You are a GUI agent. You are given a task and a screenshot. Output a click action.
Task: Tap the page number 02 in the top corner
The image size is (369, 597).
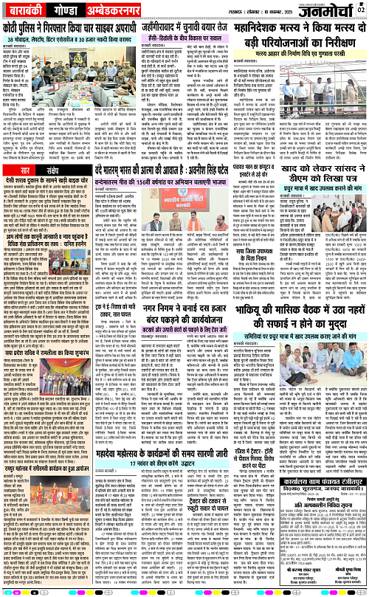coord(362,9)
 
